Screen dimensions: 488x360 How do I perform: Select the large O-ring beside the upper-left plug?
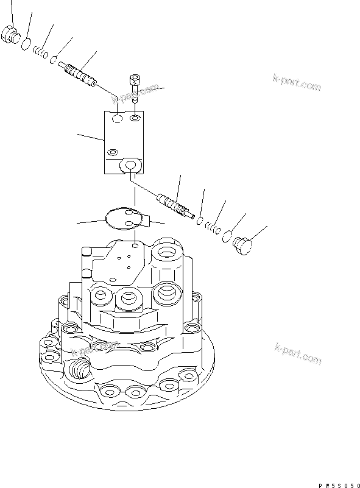pyautogui.click(x=27, y=44)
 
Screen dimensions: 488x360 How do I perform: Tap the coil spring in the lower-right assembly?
pyautogui.click(x=211, y=227)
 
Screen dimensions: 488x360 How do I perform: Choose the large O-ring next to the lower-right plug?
pyautogui.click(x=227, y=235)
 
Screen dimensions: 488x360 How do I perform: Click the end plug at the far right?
pyautogui.click(x=242, y=245)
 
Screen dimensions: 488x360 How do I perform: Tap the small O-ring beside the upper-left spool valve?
pyautogui.click(x=54, y=60)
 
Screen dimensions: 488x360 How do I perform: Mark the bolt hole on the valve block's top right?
pyautogui.click(x=135, y=116)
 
